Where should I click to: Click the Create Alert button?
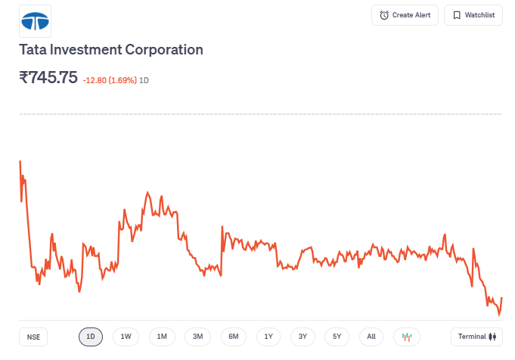click(405, 15)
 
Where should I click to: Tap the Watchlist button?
click(473, 15)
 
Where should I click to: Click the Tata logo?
click(35, 21)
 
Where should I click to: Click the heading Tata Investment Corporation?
click(111, 50)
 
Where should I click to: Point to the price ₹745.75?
click(48, 77)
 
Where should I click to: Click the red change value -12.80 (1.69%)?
click(110, 79)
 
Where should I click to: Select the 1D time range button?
click(91, 337)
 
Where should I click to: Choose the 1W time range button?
click(126, 337)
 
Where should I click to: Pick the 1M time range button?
click(162, 337)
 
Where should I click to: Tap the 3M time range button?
click(197, 337)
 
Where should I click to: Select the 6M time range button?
click(234, 337)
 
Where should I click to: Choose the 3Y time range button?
click(302, 337)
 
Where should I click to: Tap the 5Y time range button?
click(337, 337)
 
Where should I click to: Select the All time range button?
click(371, 337)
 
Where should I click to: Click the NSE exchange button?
click(33, 337)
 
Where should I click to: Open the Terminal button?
click(476, 337)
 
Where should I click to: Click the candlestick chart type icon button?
click(407, 337)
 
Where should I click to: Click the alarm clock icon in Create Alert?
click(384, 15)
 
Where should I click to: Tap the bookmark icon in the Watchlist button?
click(457, 15)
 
